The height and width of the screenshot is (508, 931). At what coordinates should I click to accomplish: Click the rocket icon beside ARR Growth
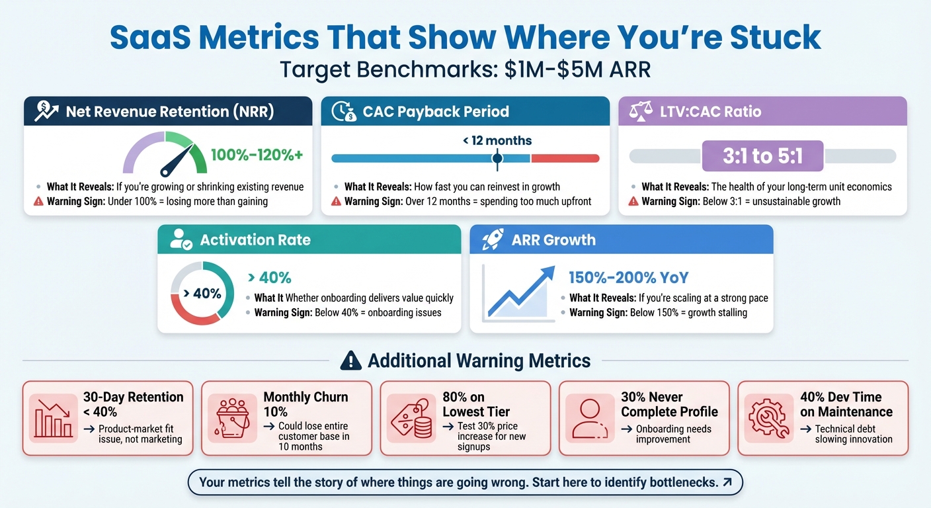(491, 239)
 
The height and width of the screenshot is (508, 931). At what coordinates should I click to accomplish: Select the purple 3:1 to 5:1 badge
(762, 156)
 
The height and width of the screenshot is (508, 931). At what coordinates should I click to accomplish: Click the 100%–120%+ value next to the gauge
(257, 155)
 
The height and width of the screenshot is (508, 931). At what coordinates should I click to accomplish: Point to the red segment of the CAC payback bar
(565, 158)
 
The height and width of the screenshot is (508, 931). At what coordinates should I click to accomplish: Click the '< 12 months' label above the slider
(498, 140)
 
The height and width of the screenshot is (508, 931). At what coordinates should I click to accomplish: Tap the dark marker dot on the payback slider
(497, 158)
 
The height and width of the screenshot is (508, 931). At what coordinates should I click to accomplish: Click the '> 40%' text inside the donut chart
(202, 293)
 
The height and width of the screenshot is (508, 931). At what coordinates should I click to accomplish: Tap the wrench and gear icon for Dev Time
(769, 418)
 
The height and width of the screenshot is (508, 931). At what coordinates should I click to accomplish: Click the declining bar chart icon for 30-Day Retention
(54, 418)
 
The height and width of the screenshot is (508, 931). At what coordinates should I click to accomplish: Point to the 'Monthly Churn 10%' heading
(305, 404)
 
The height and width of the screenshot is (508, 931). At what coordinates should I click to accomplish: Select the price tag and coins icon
(411, 418)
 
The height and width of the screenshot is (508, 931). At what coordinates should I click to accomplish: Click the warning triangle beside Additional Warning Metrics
(350, 360)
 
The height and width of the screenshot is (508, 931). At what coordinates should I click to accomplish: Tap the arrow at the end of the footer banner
(727, 482)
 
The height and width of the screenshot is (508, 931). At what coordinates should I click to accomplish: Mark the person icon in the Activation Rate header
(181, 239)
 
